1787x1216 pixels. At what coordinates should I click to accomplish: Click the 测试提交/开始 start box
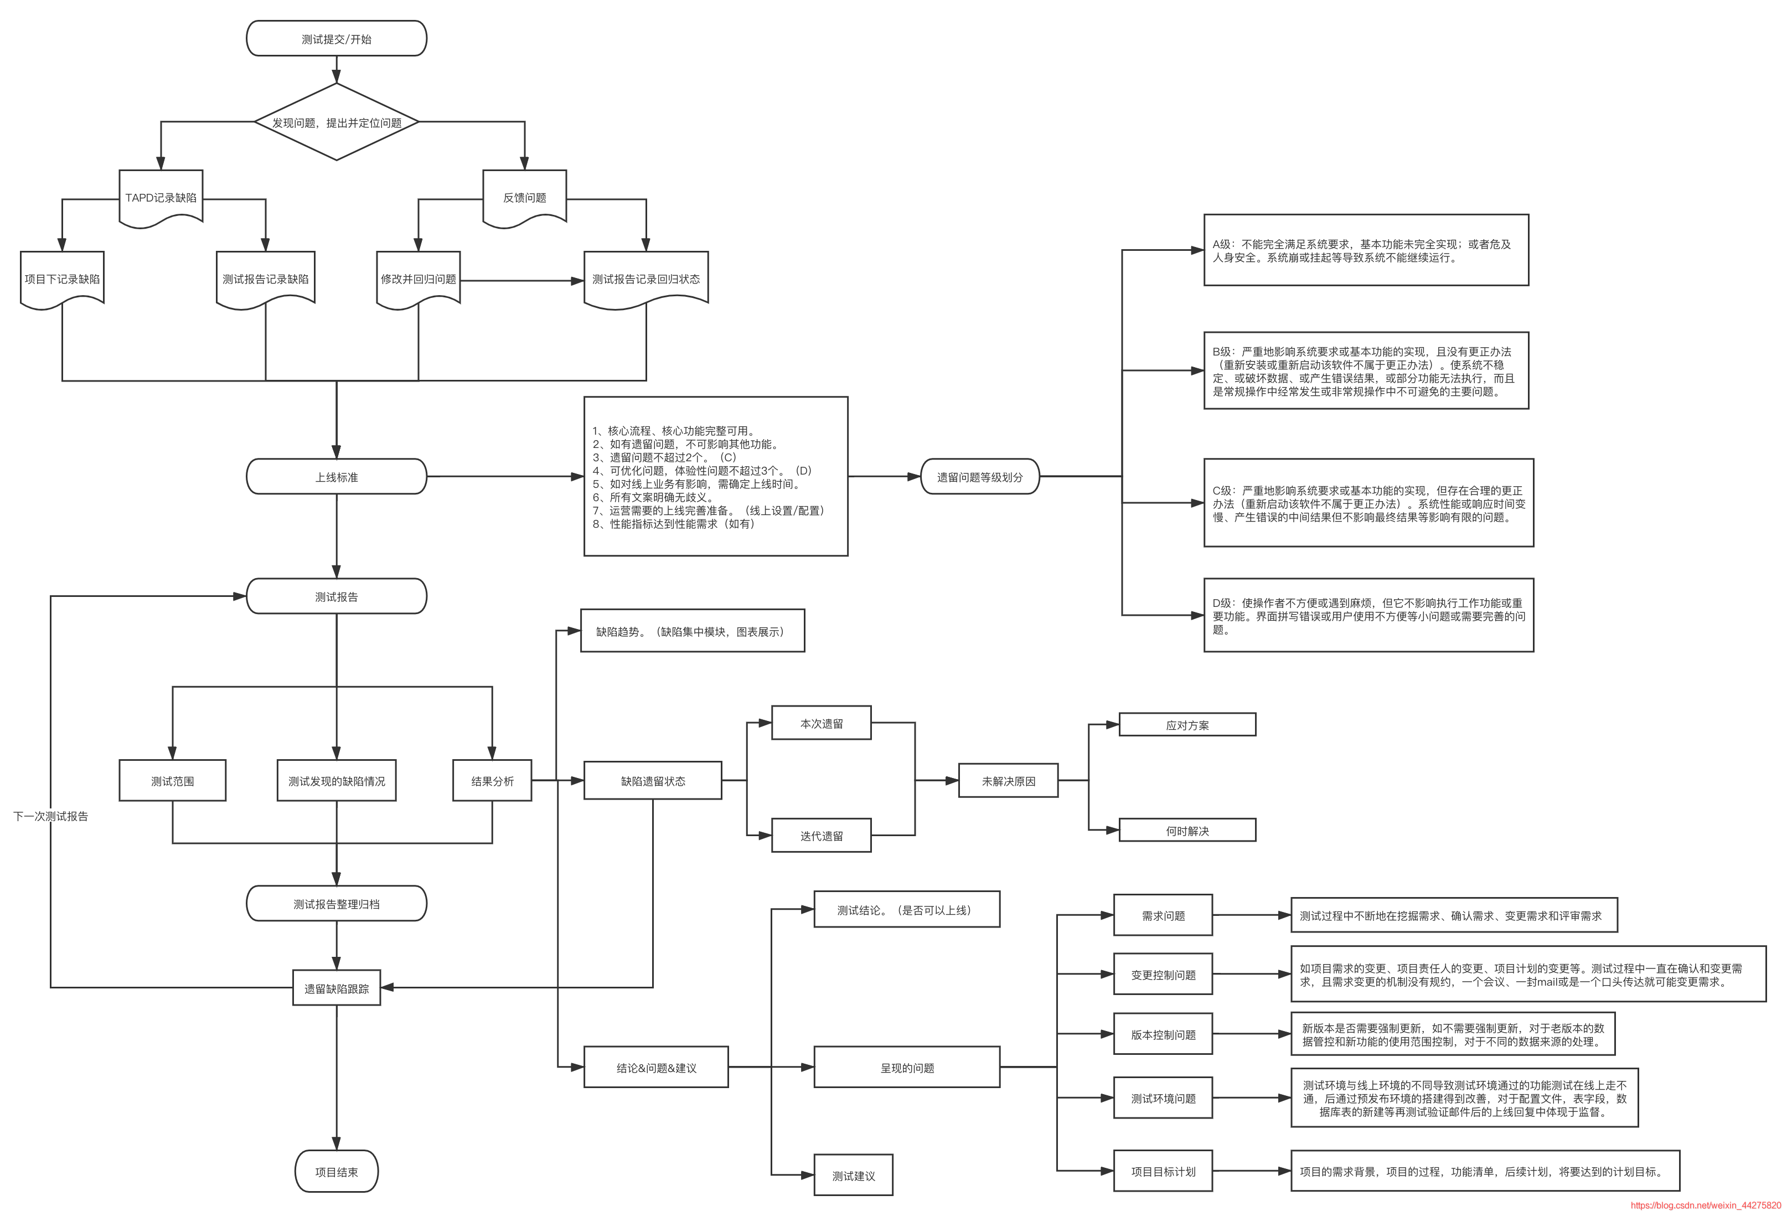[x=336, y=38]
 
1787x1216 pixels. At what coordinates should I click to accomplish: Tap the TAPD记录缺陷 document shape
[x=161, y=198]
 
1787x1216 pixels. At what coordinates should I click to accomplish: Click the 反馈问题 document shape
[x=524, y=198]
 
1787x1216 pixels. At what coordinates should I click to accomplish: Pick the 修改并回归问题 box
[x=419, y=279]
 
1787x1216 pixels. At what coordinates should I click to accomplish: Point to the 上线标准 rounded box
[x=336, y=477]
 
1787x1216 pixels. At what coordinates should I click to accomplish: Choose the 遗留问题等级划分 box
[x=980, y=477]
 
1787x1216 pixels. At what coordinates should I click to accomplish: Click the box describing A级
[x=1366, y=250]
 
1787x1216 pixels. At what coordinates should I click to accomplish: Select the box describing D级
[x=1368, y=615]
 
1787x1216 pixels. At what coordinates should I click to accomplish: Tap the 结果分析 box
[x=492, y=781]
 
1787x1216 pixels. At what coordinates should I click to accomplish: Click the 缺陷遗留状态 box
[x=653, y=781]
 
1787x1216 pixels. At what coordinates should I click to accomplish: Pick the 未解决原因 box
[x=1008, y=781]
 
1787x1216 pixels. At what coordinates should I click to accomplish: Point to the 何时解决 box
[x=1187, y=831]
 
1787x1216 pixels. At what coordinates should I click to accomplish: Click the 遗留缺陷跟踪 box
[x=336, y=988]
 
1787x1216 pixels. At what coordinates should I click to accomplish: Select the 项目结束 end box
[x=336, y=1171]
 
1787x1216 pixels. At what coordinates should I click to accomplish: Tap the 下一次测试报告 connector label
[x=51, y=816]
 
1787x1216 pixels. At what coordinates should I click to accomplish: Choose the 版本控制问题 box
[x=1163, y=1034]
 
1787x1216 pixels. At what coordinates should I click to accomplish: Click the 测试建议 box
[x=854, y=1175]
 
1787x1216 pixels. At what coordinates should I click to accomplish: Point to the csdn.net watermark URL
[x=1706, y=1205]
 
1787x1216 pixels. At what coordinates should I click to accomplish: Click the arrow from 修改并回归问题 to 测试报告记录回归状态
[x=522, y=281]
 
